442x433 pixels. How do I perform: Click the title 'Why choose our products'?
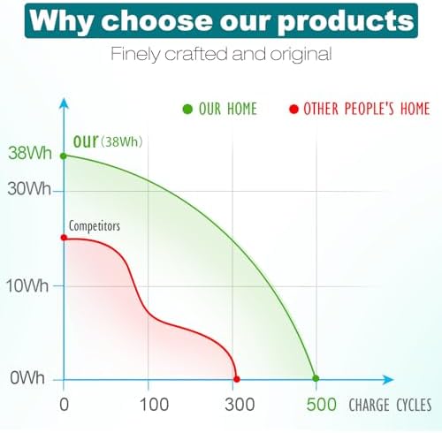[222, 20]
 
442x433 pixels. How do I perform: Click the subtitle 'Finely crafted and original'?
[221, 54]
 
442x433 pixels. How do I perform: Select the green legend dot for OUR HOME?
[187, 109]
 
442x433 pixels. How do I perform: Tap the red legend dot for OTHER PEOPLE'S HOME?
[293, 110]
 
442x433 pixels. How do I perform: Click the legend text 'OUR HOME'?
[228, 109]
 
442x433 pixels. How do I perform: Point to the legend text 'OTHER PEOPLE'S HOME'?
[367, 109]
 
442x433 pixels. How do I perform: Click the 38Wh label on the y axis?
[30, 153]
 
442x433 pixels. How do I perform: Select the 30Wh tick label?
[29, 188]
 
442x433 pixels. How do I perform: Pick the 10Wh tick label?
[27, 285]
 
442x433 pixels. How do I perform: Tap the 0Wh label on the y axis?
[27, 377]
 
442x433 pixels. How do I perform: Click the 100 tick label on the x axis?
[154, 405]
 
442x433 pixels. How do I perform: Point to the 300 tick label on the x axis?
[240, 405]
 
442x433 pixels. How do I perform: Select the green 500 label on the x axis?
[321, 405]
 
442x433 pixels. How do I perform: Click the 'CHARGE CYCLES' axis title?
[390, 405]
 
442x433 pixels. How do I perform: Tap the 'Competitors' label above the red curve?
[95, 226]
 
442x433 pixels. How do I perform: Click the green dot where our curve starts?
[64, 156]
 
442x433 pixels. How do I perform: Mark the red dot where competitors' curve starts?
[64, 238]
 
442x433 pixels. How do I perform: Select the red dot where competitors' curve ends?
[237, 379]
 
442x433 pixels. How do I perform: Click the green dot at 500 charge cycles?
[316, 378]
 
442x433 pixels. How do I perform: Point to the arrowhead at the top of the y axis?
[64, 103]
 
